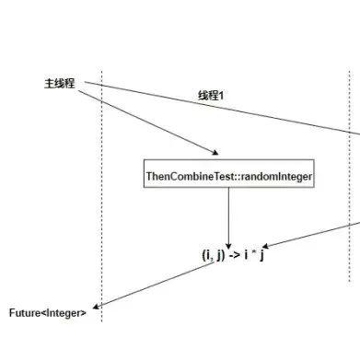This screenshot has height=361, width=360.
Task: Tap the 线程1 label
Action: (x=212, y=95)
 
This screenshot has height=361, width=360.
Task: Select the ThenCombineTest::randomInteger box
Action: (x=229, y=176)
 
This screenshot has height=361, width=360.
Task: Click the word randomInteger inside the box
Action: (x=277, y=176)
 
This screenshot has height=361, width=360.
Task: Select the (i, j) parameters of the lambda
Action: (x=214, y=254)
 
